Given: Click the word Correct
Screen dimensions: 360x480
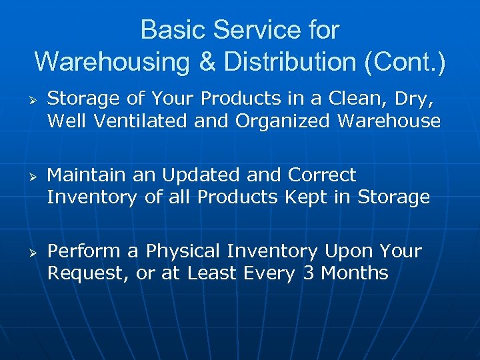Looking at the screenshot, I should (322, 175).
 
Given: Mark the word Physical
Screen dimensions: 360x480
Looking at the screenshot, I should (183, 251).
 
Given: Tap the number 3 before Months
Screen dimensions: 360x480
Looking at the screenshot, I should (308, 273).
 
